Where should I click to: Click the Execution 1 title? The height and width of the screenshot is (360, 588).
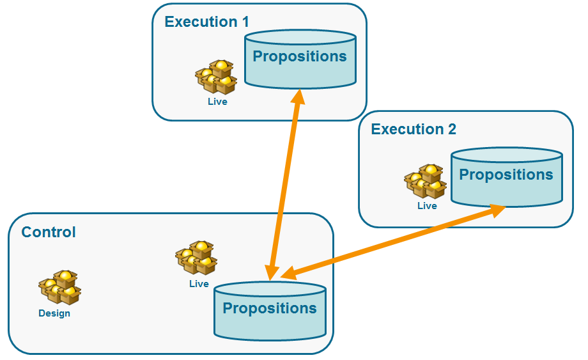206,22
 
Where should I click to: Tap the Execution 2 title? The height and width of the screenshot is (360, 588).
414,129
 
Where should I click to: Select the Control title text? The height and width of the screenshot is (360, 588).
49,232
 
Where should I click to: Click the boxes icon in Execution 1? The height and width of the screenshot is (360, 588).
216,77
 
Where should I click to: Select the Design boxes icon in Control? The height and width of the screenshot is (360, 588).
59,288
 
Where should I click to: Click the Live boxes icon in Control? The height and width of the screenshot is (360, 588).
196,258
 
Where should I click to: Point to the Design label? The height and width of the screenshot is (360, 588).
54,313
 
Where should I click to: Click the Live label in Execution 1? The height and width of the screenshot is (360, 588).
217,102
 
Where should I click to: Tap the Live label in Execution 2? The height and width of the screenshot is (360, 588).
427,206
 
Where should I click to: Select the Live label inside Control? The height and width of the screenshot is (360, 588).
199,284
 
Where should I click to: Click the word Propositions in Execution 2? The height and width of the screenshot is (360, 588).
506,175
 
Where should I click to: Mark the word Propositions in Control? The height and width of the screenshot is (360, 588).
269,308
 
